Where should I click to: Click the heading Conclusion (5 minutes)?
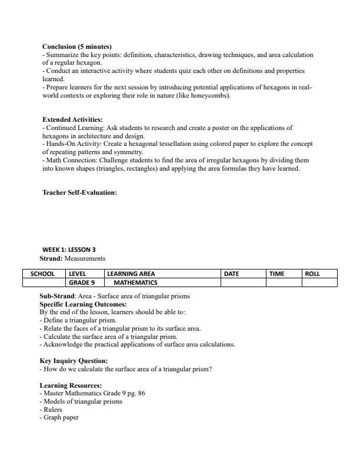coord(76,46)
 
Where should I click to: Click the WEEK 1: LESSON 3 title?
coord(69,249)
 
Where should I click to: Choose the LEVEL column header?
coord(78,274)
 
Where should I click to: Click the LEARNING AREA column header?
coord(131,274)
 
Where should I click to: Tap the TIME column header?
coord(276,274)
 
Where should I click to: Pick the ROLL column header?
coord(312,274)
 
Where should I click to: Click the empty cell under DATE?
coord(243,282)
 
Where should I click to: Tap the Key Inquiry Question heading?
coord(74,361)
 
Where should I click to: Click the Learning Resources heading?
coord(71,385)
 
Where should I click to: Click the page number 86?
coord(141,394)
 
